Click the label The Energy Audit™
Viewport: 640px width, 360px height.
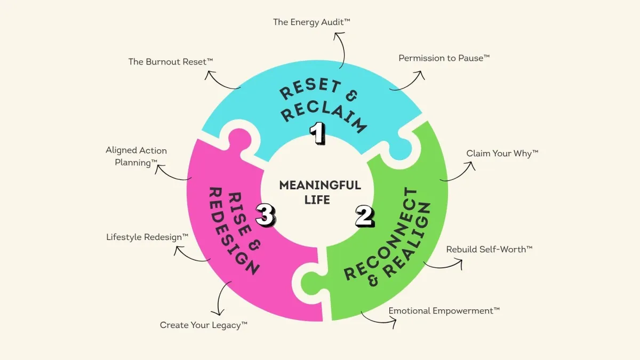coord(311,22)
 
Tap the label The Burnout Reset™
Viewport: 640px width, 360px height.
coord(171,62)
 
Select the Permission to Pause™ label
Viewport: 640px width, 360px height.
coord(444,58)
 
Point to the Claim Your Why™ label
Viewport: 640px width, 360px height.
coord(502,154)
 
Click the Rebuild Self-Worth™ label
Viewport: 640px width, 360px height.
coord(489,250)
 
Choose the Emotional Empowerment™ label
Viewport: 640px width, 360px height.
coord(444,311)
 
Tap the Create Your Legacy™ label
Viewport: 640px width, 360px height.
coord(203,325)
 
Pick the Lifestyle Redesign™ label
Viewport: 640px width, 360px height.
coord(147,237)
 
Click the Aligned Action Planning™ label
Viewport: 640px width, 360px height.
coord(137,157)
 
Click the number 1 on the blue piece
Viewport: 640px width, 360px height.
coord(317,133)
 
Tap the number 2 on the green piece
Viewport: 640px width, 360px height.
coord(365,217)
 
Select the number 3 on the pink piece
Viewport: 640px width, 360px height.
coord(266,215)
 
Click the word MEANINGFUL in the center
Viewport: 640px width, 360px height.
coord(320,185)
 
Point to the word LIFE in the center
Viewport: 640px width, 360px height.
coord(317,199)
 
